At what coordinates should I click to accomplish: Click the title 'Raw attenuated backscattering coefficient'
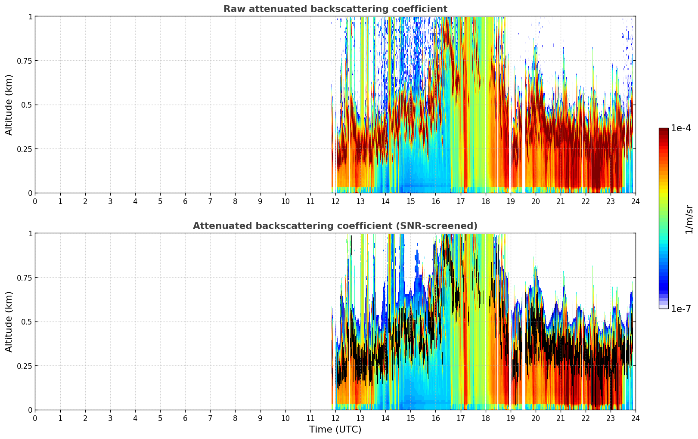tap(335, 9)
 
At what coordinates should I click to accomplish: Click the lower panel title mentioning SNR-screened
tap(335, 226)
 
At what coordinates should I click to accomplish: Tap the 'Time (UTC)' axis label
tap(335, 430)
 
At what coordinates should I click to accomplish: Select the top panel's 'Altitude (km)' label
tap(9, 105)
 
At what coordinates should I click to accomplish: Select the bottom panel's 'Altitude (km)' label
tap(9, 322)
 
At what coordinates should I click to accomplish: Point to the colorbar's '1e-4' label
tap(681, 128)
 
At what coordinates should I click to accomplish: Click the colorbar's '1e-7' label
tap(681, 309)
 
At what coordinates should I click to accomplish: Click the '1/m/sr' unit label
tap(689, 219)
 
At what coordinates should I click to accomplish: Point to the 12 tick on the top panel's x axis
tap(335, 201)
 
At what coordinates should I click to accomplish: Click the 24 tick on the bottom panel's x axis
tap(636, 418)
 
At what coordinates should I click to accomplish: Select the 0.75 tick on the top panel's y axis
tap(25, 61)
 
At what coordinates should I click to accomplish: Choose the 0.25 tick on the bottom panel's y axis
tap(25, 366)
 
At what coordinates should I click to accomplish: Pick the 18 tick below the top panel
tap(485, 201)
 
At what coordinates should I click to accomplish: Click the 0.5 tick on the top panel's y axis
tap(27, 105)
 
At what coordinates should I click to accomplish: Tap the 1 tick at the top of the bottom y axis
tap(30, 233)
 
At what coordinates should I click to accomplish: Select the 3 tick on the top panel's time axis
tap(110, 201)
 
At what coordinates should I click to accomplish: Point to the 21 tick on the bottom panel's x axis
tap(560, 418)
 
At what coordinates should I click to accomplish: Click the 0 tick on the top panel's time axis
tap(35, 201)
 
